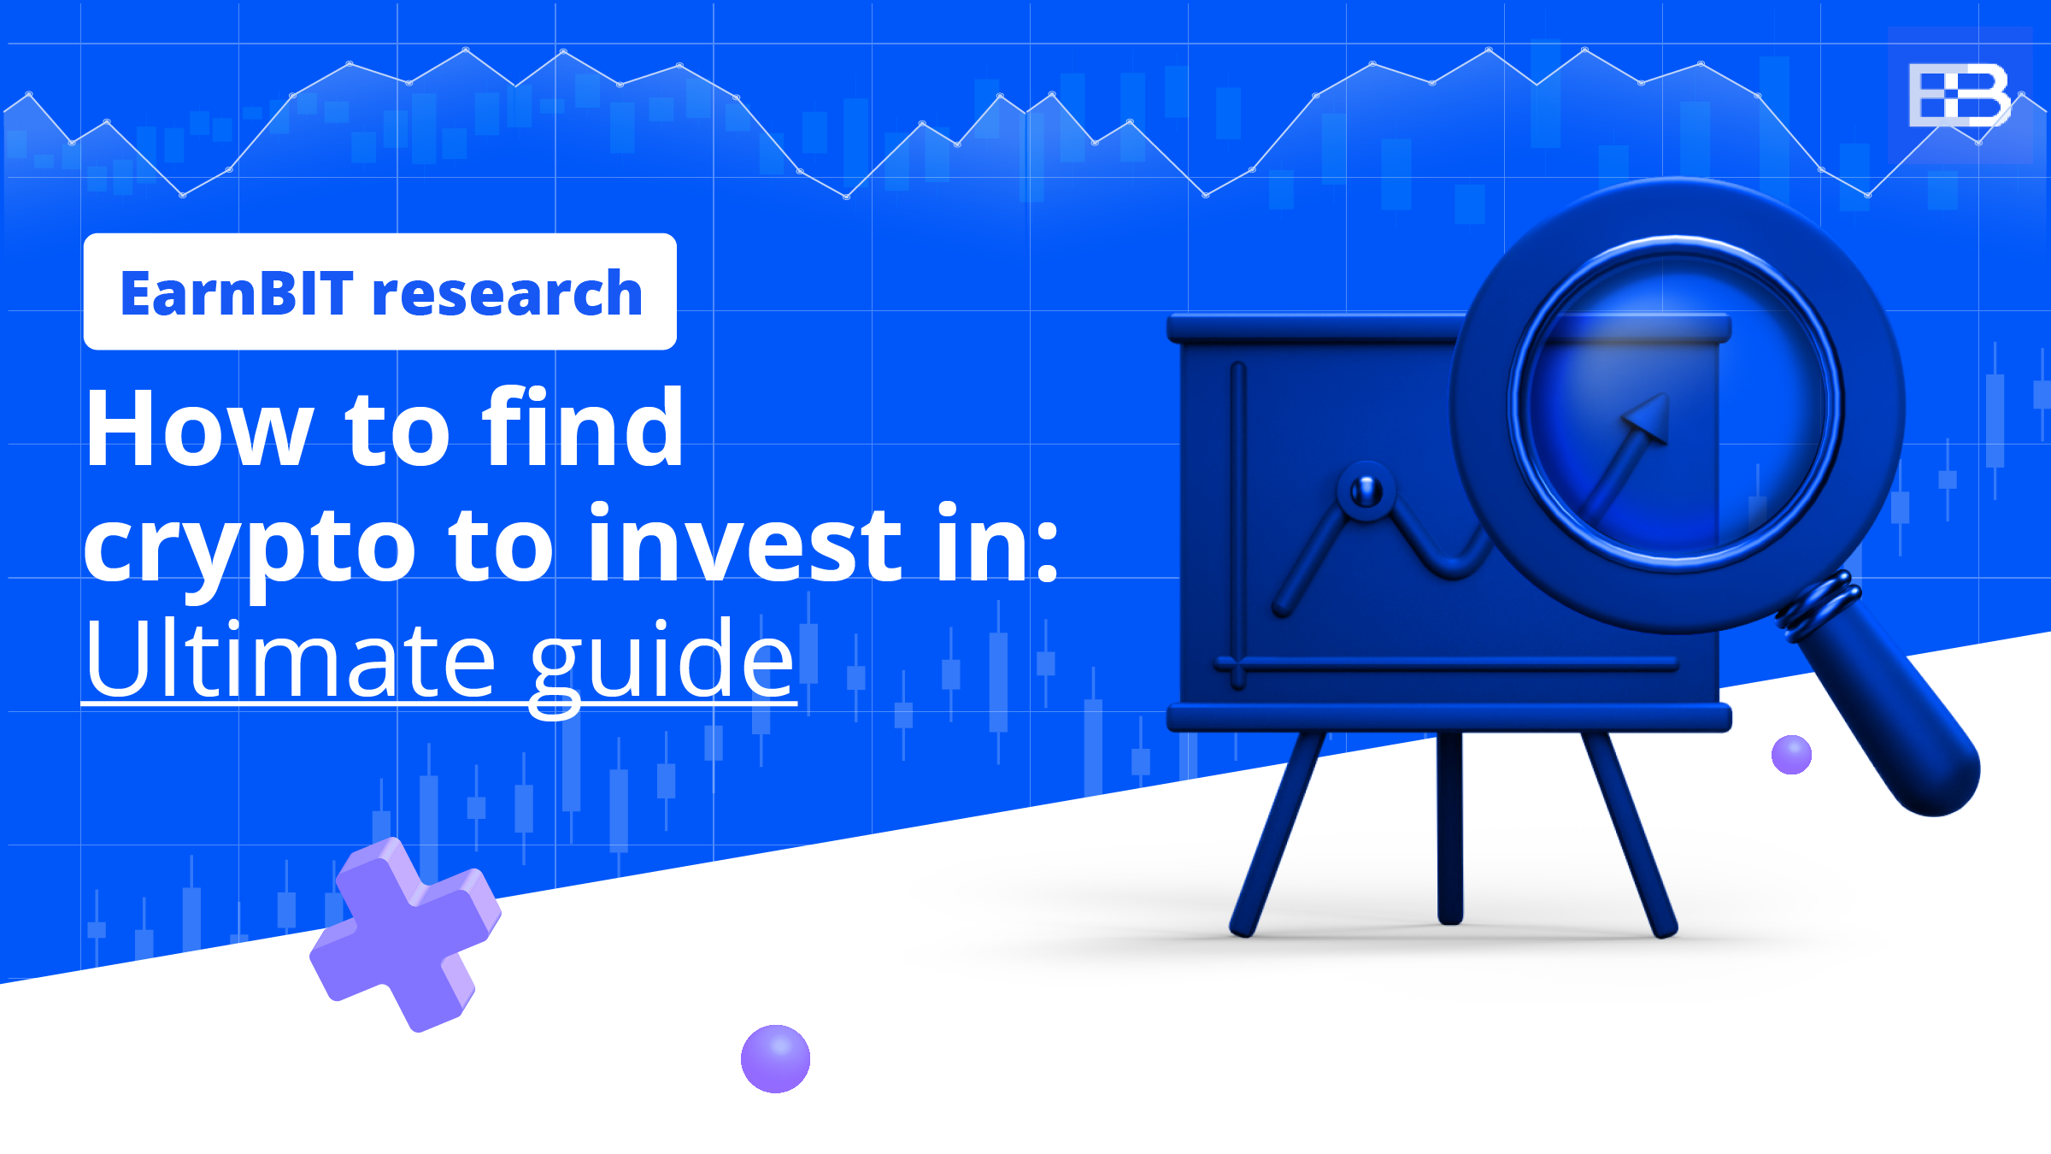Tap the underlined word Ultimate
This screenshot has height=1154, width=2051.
(x=291, y=659)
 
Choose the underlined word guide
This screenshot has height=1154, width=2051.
(x=662, y=662)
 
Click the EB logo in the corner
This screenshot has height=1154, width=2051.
(x=1959, y=95)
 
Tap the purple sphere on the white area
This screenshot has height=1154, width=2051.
(x=775, y=1058)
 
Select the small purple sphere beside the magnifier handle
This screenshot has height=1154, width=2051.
(x=1791, y=755)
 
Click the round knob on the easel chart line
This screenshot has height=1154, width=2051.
(x=1366, y=491)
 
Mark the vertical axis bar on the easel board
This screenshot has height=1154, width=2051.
(x=1238, y=521)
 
